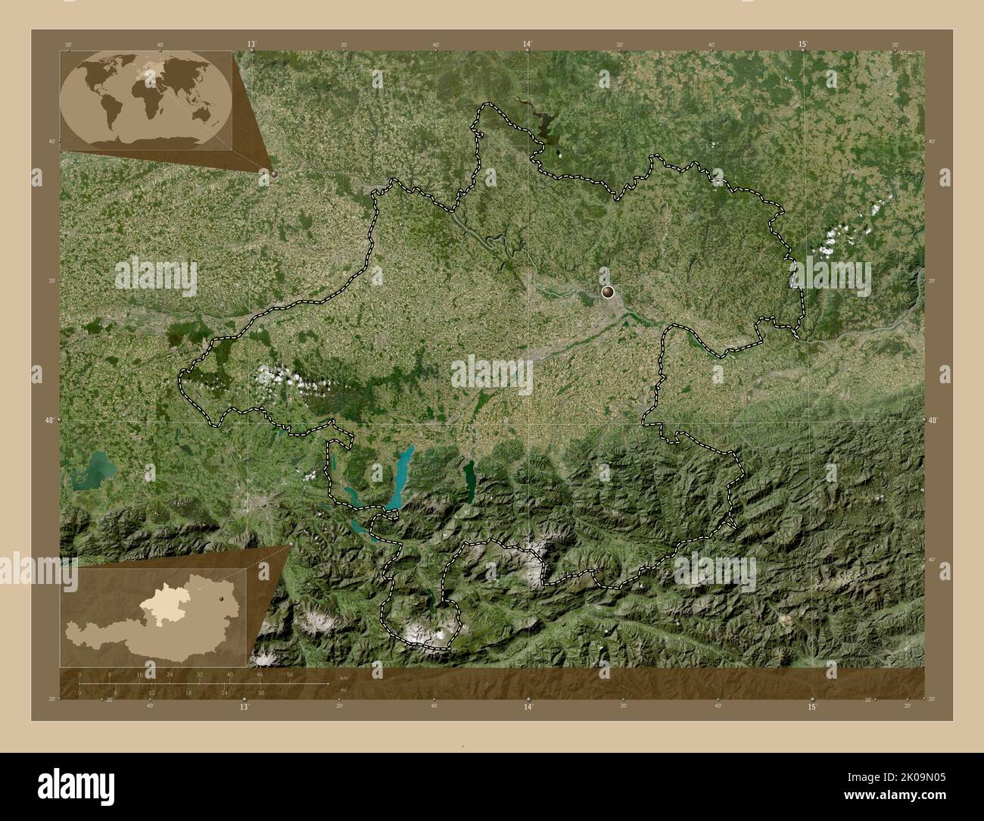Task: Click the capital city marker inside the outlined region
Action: pyautogui.click(x=608, y=291)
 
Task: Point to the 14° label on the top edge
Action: pyautogui.click(x=528, y=45)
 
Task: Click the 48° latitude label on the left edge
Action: pyautogui.click(x=49, y=420)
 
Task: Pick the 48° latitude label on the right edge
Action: pyautogui.click(x=933, y=420)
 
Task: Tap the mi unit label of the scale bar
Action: pyautogui.click(x=343, y=691)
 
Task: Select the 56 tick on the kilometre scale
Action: pyautogui.click(x=290, y=674)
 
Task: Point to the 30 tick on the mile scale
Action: pyautogui.click(x=260, y=693)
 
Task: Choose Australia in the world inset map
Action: pyautogui.click(x=201, y=114)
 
